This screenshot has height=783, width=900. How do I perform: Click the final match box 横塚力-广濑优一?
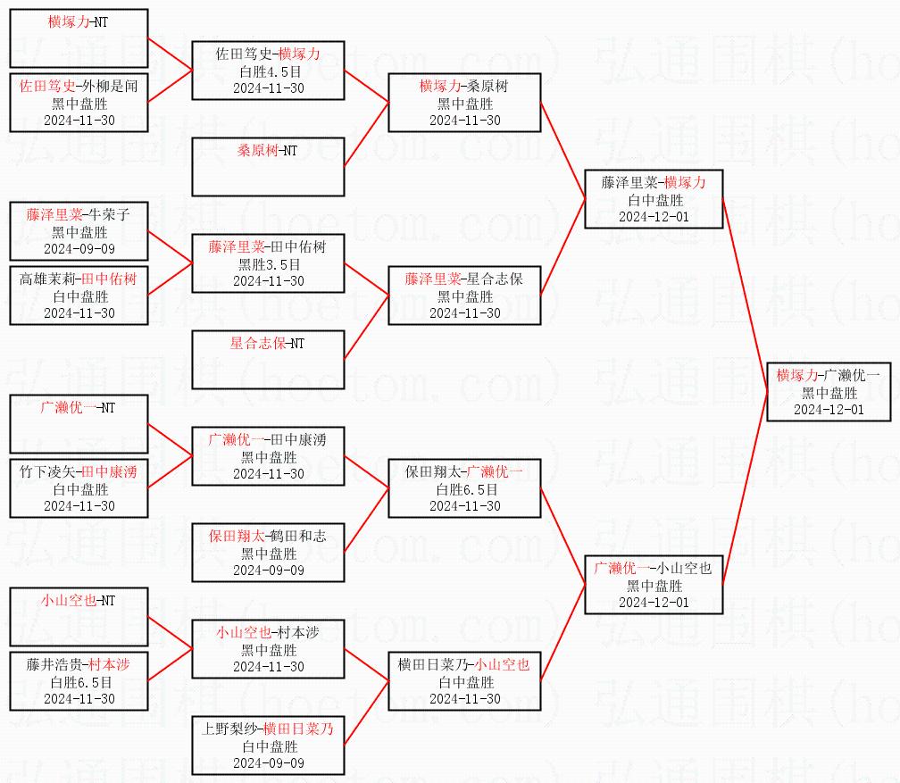pyautogui.click(x=829, y=391)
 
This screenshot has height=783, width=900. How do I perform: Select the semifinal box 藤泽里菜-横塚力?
pyautogui.click(x=654, y=198)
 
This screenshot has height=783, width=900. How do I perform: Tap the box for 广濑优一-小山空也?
pyautogui.click(x=654, y=585)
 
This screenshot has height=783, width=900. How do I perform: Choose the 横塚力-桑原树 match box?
pyautogui.click(x=464, y=102)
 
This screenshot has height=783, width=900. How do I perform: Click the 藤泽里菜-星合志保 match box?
pyautogui.click(x=464, y=295)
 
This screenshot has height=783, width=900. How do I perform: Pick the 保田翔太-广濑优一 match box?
pyautogui.click(x=464, y=488)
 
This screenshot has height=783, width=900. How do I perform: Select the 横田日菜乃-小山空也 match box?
pyautogui.click(x=464, y=681)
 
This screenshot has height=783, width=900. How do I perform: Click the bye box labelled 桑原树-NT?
pyautogui.click(x=268, y=166)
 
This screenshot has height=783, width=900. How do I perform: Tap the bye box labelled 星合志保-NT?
pyautogui.click(x=268, y=359)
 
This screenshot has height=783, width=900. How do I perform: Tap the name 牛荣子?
pyautogui.click(x=110, y=214)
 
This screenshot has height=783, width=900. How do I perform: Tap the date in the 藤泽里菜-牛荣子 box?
pyautogui.click(x=79, y=249)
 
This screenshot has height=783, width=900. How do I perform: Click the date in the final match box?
pyautogui.click(x=829, y=410)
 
